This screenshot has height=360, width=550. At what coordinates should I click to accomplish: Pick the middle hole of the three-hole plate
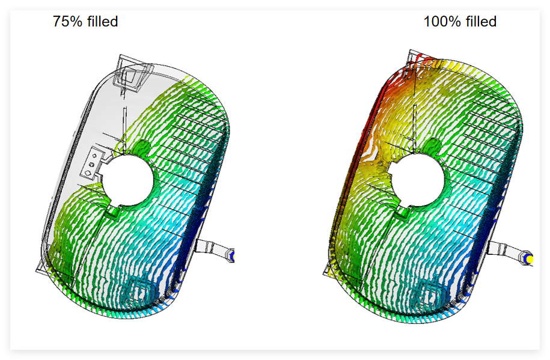pos(92,164)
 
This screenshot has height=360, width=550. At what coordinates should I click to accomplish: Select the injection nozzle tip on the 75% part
pos(231,255)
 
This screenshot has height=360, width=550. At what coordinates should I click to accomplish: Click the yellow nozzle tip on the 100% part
pos(528,259)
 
